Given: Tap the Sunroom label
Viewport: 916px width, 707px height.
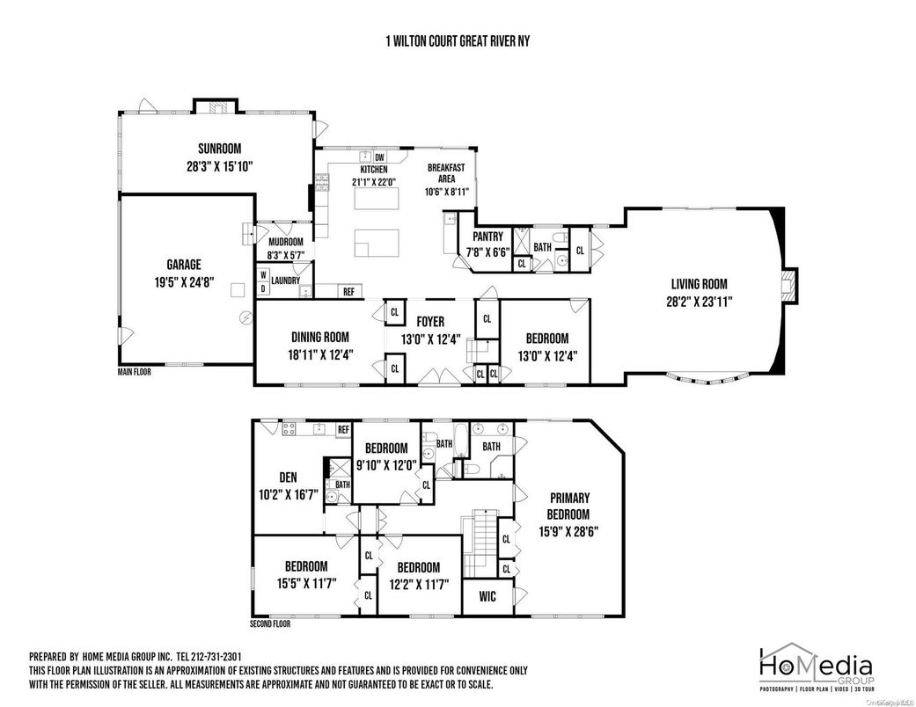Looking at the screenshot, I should click(219, 149).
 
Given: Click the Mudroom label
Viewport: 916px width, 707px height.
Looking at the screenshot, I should click(285, 243).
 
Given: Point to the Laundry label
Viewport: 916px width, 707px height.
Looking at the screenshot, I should click(285, 281).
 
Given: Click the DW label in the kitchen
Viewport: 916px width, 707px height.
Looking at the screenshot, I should click(380, 157).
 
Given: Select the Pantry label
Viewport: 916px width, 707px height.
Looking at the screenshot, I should click(487, 237).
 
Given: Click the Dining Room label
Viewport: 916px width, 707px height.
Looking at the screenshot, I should click(319, 337).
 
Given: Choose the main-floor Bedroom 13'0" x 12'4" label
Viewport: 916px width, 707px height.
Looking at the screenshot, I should click(546, 339).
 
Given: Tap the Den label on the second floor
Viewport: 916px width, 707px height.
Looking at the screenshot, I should click(289, 477).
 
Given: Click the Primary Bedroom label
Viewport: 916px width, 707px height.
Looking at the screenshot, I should click(569, 506).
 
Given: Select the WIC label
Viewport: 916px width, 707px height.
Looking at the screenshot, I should click(487, 597).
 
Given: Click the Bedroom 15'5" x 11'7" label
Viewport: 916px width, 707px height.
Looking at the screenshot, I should click(305, 566).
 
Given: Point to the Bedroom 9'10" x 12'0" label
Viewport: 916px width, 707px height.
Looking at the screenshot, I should click(386, 448).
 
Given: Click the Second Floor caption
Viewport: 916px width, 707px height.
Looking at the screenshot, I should click(270, 623).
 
